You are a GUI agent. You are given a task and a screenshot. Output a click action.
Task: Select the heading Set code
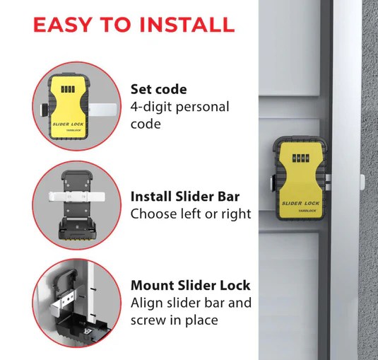[x=158, y=89]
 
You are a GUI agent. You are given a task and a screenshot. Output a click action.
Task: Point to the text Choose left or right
[x=190, y=214]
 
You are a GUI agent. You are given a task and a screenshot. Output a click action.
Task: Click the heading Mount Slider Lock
[x=190, y=286]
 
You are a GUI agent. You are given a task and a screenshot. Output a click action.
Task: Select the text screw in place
[x=174, y=320]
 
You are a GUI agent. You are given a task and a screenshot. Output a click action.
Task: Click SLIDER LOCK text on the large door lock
[x=302, y=204]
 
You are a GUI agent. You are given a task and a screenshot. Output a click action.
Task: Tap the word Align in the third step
[x=148, y=303]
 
